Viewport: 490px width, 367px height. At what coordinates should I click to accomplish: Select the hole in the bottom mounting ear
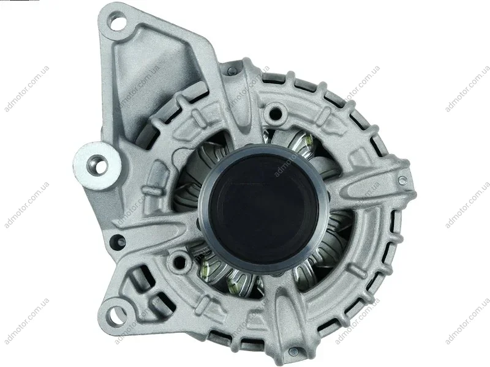point(115,313)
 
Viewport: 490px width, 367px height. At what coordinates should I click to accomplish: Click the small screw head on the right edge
point(403,179)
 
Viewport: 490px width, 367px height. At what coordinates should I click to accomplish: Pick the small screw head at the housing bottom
point(293,352)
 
